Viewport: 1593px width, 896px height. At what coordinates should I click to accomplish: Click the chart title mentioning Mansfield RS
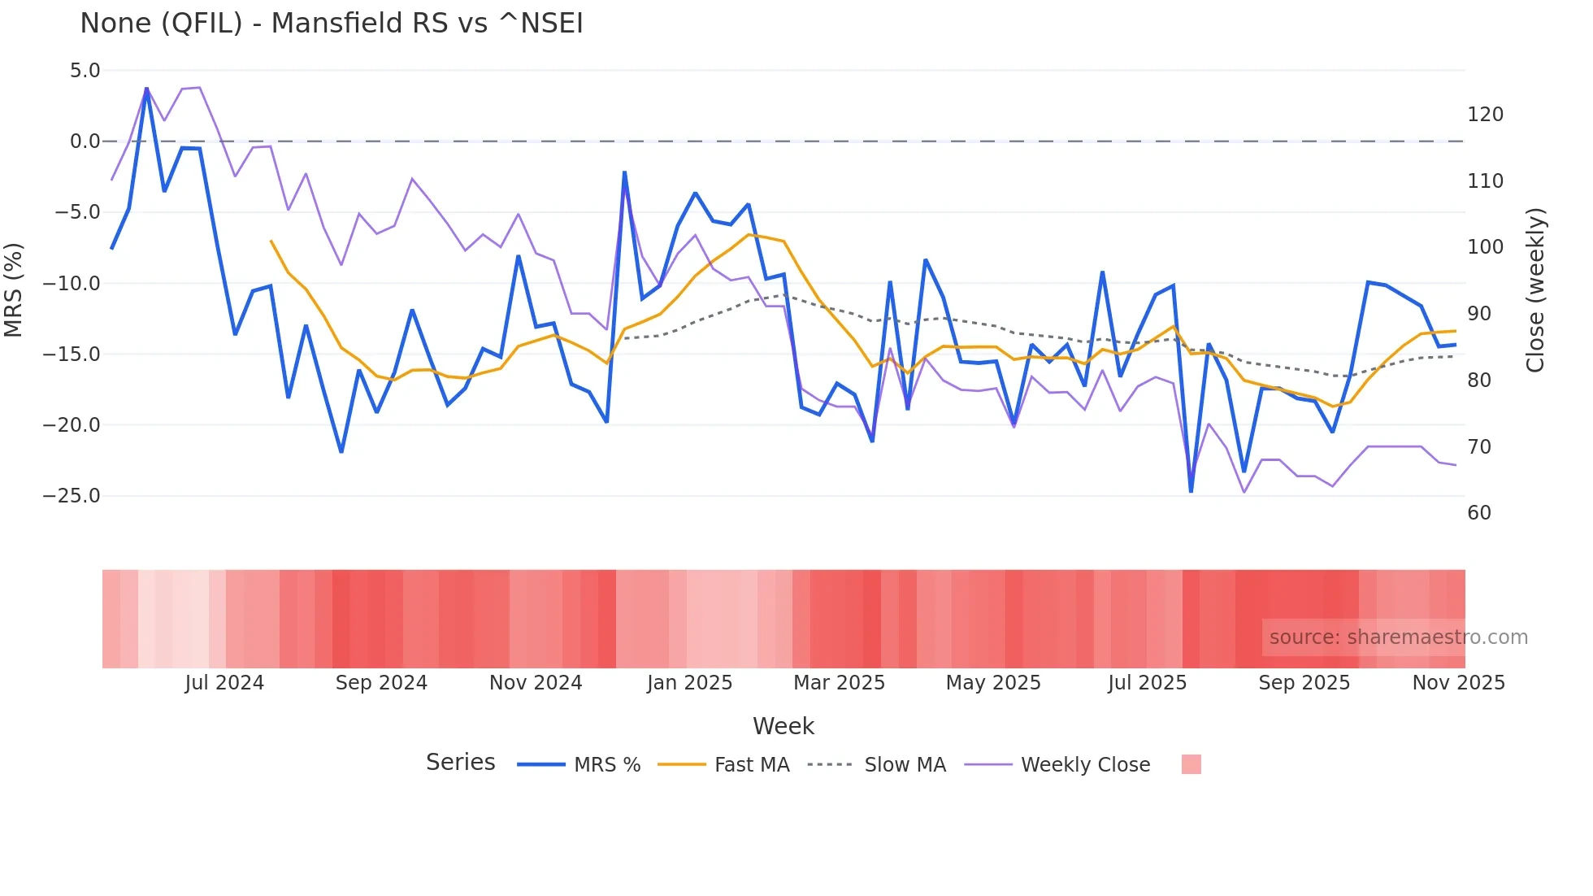(x=332, y=24)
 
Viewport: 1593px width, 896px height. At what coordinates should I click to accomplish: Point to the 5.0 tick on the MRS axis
(x=85, y=71)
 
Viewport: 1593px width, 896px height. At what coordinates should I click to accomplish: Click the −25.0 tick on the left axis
(x=72, y=496)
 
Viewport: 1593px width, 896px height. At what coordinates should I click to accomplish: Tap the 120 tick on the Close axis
(x=1485, y=115)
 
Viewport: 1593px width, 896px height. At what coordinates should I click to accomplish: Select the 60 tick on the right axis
(x=1479, y=513)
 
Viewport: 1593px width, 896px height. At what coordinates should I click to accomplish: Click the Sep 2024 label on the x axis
(x=381, y=683)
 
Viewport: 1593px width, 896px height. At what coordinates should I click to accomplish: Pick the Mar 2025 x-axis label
(x=839, y=683)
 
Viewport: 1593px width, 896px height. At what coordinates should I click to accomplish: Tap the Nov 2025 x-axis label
(x=1458, y=683)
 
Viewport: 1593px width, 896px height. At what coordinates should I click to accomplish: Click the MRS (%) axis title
(x=14, y=289)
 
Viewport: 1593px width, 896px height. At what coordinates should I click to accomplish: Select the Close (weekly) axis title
(x=1535, y=290)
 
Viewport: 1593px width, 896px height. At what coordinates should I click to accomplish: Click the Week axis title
(x=783, y=726)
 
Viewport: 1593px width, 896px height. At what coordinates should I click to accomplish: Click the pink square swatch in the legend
(x=1191, y=764)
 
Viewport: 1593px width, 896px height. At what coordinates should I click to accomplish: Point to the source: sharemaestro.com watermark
(x=1398, y=637)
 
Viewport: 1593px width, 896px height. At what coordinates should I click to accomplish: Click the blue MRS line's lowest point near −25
(x=1191, y=491)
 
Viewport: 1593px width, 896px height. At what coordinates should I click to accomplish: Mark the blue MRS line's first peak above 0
(x=146, y=88)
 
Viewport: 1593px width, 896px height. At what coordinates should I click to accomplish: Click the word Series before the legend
(x=460, y=763)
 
